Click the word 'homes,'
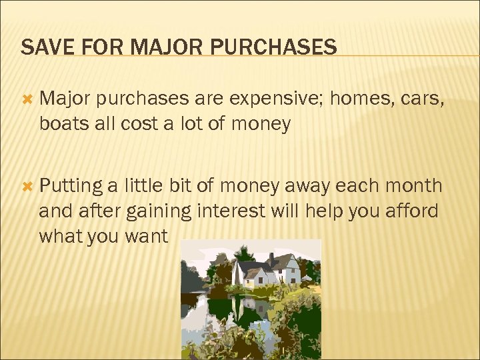359,99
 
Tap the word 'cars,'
423,99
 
